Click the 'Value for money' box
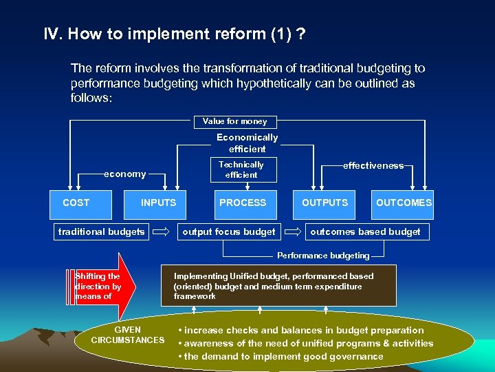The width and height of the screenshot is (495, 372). [x=235, y=122]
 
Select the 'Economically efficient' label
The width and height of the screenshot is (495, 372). [x=247, y=143]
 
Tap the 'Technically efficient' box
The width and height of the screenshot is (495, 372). [x=241, y=169]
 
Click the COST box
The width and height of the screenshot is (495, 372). [x=76, y=203]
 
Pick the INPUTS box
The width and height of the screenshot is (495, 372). [x=158, y=203]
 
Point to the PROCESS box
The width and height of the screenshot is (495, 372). [x=242, y=203]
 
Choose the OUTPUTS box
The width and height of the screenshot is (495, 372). [x=324, y=203]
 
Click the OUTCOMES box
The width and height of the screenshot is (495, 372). [x=404, y=203]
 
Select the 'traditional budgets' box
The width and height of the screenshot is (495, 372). [x=102, y=231]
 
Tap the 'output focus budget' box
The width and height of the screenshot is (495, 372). [x=229, y=231]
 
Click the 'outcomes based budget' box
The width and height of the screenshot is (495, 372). [x=365, y=231]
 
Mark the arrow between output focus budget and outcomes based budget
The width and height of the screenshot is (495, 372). [x=291, y=232]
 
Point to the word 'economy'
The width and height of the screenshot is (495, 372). [x=124, y=174]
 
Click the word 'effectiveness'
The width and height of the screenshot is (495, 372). [x=373, y=166]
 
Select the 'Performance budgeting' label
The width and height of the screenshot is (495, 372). [x=323, y=256]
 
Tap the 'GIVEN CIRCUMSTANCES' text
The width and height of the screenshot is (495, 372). [x=128, y=335]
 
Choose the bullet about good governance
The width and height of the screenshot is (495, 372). [x=280, y=356]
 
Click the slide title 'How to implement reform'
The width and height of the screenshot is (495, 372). [x=175, y=34]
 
